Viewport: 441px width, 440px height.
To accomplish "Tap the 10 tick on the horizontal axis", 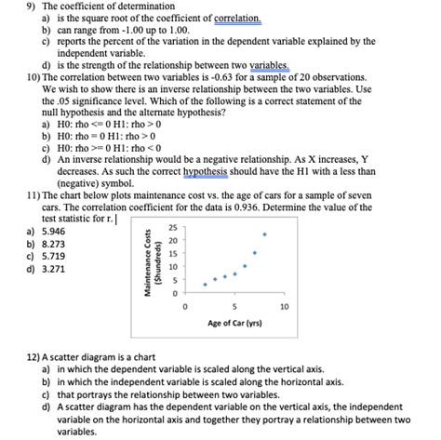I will (x=284, y=305).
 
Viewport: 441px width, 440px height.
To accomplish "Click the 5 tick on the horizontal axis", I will (x=234, y=305).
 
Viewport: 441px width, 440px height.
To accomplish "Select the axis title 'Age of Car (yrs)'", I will (x=234, y=324).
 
